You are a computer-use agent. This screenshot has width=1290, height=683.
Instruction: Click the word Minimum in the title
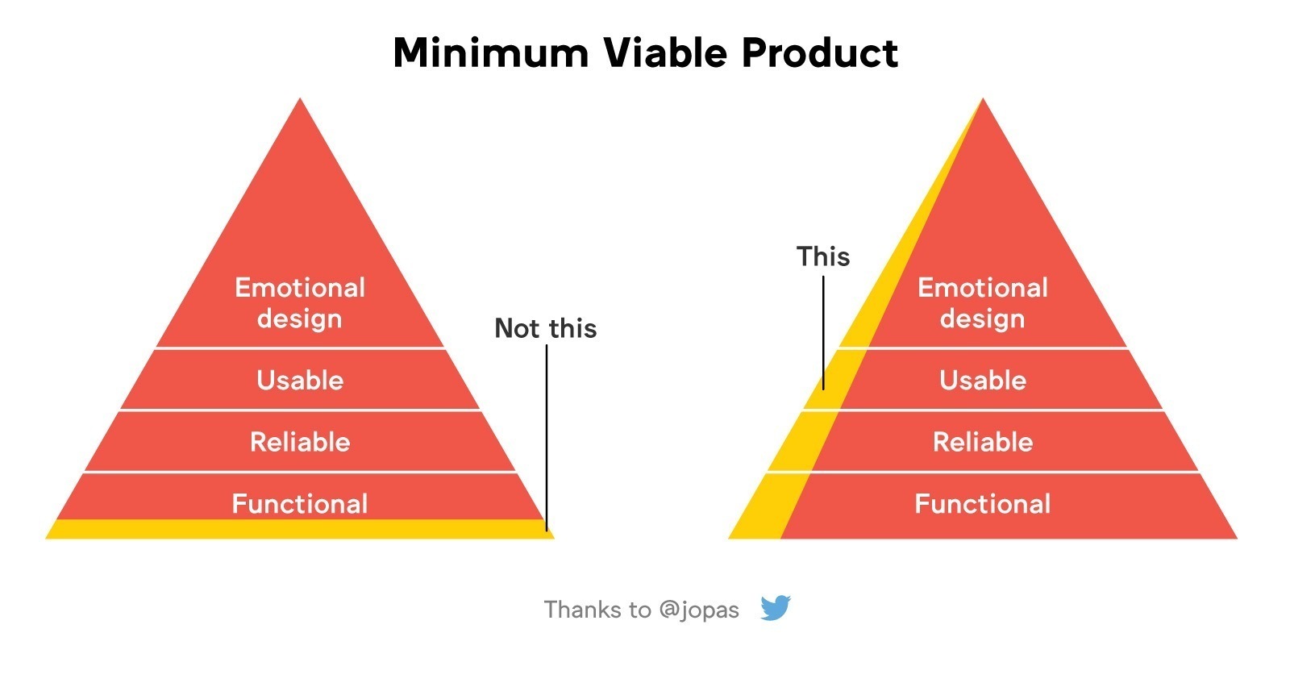coord(491,53)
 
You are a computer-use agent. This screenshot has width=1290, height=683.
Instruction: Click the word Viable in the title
coord(666,52)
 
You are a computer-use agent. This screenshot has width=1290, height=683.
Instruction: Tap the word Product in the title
coord(820,52)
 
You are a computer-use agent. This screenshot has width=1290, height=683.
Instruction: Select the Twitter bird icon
coord(775,607)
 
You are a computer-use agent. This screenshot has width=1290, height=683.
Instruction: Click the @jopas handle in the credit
coord(698,610)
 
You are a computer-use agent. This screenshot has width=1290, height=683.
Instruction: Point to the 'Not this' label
coord(545,328)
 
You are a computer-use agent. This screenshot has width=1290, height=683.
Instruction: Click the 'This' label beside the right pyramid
coord(823,256)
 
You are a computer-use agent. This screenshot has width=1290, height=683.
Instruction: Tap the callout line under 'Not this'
coord(547,438)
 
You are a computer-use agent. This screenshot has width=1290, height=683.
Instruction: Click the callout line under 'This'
coord(823,333)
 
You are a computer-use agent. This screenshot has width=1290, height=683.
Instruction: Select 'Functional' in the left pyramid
coord(299,504)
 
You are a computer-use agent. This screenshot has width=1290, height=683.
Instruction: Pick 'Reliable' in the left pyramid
coord(300,442)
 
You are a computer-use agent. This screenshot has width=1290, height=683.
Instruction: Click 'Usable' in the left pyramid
coord(300,381)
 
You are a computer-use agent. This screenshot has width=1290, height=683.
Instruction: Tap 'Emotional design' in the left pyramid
coord(299,303)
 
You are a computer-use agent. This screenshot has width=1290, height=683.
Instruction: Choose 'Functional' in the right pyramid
coord(983,504)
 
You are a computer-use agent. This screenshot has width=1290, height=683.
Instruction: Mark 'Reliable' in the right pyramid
coord(983,442)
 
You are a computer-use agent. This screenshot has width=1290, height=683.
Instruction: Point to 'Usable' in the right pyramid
coord(983,381)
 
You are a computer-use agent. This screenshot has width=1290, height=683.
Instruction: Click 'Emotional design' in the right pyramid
coord(983,303)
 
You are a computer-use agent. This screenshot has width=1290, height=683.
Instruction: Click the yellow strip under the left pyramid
coord(299,529)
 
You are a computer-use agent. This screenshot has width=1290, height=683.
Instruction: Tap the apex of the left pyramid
coord(299,98)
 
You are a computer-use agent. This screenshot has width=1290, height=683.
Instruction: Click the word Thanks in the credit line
coord(581,610)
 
